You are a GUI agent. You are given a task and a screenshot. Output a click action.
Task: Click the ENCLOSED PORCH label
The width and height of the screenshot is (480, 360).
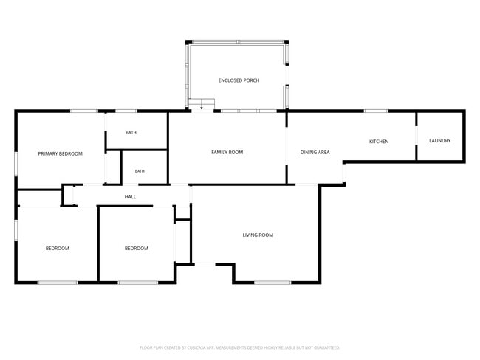239,80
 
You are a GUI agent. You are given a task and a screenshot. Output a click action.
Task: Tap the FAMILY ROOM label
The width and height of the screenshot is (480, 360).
227,152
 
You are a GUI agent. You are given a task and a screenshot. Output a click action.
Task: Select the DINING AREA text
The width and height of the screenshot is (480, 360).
315,152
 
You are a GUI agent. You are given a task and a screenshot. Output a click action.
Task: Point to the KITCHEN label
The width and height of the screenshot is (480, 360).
379,142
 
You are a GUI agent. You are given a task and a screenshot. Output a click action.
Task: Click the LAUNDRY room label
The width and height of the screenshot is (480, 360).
440,141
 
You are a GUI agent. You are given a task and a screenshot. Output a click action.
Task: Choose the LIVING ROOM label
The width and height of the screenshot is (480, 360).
258,235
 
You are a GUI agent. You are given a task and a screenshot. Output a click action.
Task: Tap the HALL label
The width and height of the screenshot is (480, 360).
130,197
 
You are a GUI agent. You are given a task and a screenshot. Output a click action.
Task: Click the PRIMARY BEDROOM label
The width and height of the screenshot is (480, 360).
61,154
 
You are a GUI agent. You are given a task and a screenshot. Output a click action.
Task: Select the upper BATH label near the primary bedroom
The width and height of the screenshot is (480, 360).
131,133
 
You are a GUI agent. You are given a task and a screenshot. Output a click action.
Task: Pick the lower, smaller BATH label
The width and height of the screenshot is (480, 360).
140,171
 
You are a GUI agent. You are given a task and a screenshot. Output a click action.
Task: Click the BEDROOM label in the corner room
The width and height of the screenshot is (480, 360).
58,249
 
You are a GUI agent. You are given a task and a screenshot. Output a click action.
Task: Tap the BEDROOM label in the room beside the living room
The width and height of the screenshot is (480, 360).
137,249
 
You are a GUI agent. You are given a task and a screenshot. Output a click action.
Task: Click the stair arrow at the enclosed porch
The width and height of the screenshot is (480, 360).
201,105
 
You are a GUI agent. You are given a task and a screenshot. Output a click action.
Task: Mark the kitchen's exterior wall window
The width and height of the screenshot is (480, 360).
376,111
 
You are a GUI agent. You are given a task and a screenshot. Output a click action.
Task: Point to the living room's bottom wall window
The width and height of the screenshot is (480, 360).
272,283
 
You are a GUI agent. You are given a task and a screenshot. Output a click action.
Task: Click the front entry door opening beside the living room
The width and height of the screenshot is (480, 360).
205,264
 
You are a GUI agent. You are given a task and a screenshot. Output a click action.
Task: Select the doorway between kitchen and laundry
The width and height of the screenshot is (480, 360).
416,136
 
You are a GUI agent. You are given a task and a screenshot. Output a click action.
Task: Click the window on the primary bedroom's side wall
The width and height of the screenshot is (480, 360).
16,165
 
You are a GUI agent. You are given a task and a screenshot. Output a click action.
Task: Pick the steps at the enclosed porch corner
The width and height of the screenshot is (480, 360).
202,104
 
